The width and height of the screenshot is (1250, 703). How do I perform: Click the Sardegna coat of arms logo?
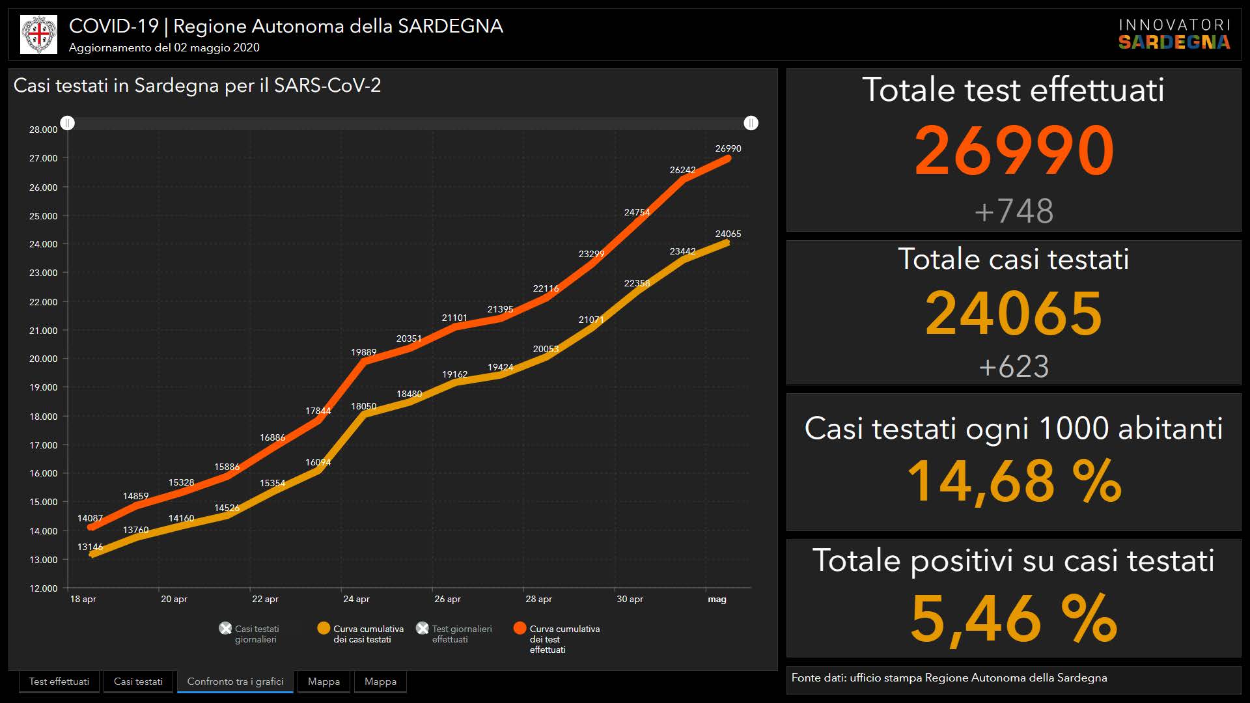pos(39,34)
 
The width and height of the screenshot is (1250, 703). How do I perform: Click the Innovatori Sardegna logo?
pos(1174,34)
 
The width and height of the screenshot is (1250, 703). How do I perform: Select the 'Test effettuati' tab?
pos(59,682)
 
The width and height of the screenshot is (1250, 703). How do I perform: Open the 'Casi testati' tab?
pos(138,682)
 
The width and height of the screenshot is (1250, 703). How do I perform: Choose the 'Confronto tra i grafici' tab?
pos(235,682)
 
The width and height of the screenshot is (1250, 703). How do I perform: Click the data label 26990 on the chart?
pos(728,148)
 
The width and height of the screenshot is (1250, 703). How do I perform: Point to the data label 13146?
pos(90,547)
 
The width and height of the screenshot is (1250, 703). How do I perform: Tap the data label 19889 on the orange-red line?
pos(363,352)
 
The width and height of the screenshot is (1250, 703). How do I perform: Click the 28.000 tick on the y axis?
pos(43,130)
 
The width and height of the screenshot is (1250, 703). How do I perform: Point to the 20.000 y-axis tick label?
pos(43,359)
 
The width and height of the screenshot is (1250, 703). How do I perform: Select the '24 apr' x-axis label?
pos(356,599)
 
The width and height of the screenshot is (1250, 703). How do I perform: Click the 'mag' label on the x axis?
pos(717,599)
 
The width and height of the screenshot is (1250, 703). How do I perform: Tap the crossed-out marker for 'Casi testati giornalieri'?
pos(225,628)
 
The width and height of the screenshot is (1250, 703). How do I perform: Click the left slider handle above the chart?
pos(68,123)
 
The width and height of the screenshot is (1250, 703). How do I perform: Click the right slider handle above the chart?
pos(751,123)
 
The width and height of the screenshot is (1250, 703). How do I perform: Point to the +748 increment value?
pos(1014,211)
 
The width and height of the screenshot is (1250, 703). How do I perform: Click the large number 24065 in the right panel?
pos(1014,313)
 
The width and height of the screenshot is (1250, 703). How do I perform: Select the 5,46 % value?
pos(1014,618)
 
